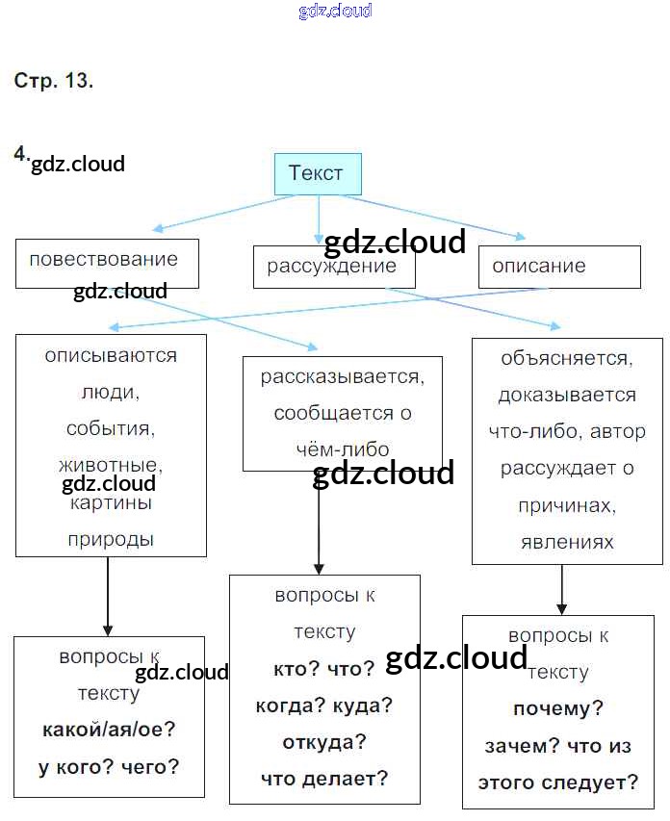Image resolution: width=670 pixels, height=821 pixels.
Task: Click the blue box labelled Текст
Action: pyautogui.click(x=318, y=174)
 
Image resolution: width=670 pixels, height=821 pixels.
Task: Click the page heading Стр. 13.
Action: pyautogui.click(x=54, y=81)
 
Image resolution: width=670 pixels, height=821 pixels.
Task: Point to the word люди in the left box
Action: pyautogui.click(x=111, y=393)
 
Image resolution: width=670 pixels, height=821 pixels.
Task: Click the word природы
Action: pyautogui.click(x=111, y=540)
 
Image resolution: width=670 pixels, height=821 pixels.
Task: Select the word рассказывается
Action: pyautogui.click(x=342, y=376)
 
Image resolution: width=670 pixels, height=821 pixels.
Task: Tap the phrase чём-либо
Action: pyautogui.click(x=342, y=449)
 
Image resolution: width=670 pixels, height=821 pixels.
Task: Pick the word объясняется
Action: pyautogui.click(x=566, y=359)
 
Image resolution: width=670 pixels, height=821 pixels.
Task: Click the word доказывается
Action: pyautogui.click(x=566, y=396)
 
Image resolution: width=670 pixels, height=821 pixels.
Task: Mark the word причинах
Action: pyautogui.click(x=566, y=505)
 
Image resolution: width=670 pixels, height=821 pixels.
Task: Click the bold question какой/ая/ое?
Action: pyautogui.click(x=109, y=730)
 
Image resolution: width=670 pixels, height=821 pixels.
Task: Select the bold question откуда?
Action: pyautogui.click(x=324, y=743)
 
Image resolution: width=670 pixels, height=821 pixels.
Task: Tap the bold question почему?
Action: pyautogui.click(x=558, y=709)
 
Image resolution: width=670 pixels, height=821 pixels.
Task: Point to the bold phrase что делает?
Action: pyautogui.click(x=324, y=780)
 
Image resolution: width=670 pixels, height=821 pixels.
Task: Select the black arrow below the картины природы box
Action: pyautogui.click(x=107, y=597)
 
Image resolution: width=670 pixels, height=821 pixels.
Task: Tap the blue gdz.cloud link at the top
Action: pyautogui.click(x=335, y=12)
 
